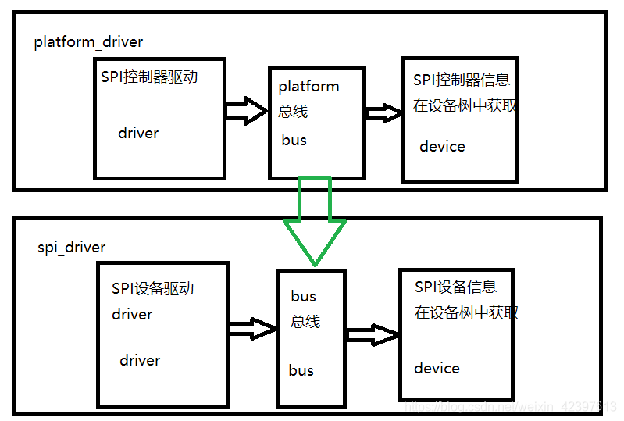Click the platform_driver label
88,42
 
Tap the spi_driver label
71,248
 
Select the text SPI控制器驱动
149,77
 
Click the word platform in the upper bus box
308,86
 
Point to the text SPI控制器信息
462,80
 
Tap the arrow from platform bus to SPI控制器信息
383,112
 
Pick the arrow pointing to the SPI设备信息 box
373,336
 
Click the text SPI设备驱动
152,288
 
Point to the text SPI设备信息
455,287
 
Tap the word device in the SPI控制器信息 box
442,146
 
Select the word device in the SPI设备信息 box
437,368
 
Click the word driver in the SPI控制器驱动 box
138,133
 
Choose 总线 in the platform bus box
293,111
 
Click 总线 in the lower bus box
305,321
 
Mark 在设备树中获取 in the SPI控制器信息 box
465,105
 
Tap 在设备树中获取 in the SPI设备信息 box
466,312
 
